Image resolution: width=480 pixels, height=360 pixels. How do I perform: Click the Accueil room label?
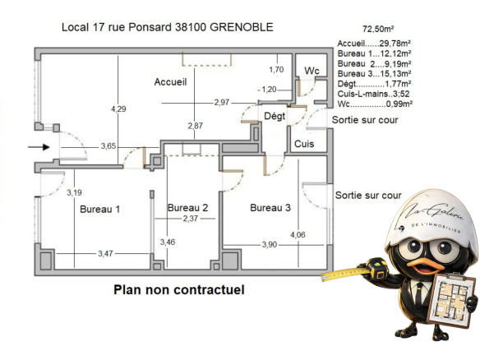(170, 81)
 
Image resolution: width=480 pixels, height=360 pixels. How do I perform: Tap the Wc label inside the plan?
(312, 71)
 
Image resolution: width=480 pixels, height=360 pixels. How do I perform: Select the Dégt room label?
(275, 116)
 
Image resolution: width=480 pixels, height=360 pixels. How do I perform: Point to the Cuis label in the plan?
(304, 144)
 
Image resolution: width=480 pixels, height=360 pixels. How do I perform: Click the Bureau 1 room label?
(99, 209)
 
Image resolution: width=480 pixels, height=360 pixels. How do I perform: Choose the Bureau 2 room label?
(187, 208)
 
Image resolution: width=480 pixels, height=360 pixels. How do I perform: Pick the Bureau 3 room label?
(270, 208)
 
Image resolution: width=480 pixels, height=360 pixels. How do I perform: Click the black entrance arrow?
(39, 147)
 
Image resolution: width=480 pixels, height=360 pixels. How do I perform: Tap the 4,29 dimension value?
(118, 109)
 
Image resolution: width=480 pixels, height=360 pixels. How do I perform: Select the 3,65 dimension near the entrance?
(108, 146)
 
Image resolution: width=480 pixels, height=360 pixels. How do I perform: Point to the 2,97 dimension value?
(222, 102)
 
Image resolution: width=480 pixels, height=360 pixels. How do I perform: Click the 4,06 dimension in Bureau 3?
(298, 235)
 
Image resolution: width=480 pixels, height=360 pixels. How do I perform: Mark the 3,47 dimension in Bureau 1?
(105, 253)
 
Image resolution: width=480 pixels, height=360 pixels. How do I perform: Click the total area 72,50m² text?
(378, 29)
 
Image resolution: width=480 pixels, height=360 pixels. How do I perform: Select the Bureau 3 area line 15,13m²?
(374, 73)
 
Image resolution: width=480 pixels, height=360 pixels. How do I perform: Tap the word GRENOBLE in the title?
(242, 27)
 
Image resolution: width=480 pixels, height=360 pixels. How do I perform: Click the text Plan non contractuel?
(179, 289)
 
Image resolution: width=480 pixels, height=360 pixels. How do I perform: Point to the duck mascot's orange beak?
(426, 265)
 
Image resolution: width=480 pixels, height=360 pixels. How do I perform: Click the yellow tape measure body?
(377, 268)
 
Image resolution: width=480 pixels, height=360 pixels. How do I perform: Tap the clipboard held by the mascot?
(452, 300)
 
